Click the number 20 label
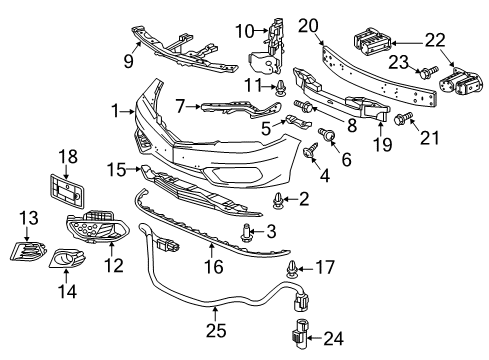308,25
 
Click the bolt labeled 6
324,134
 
